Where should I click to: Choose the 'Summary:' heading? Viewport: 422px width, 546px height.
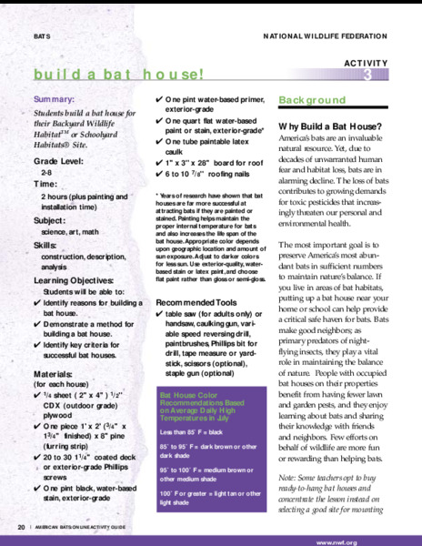[55, 97]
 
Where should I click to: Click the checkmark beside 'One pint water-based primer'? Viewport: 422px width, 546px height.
[160, 98]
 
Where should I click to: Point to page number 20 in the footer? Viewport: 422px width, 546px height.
[21, 527]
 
